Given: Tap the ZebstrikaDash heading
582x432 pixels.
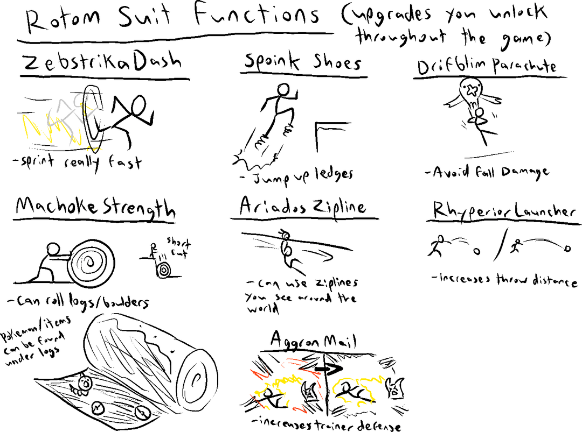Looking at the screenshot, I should click(x=102, y=63).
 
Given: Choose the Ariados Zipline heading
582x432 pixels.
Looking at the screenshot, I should click(x=303, y=207).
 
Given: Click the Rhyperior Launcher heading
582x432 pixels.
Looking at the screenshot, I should click(x=503, y=211).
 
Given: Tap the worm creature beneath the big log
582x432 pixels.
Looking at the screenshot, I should click(x=84, y=384).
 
